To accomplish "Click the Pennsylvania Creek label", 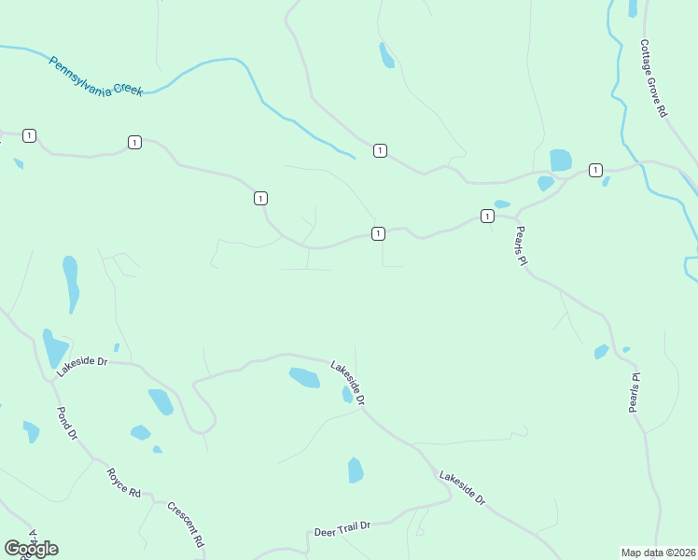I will point(95,78).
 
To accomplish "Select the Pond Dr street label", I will point(67,423).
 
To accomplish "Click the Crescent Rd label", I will point(186,524).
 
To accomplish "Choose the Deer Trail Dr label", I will point(342,529).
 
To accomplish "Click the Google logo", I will point(31,549).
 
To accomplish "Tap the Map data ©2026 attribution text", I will point(658,552).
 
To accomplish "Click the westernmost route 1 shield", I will point(30,136).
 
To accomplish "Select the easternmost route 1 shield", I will point(595,170).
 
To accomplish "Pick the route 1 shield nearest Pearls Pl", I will point(487,217).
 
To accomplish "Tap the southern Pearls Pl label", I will point(635,393).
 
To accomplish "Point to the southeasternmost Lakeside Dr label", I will point(462,487).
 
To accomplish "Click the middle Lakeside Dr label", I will point(347,382).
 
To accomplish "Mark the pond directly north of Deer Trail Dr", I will point(356,469).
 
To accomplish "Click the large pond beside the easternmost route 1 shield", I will point(561,160).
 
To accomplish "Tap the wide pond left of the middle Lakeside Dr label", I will point(304,377).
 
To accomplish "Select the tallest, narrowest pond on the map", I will point(71,284).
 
